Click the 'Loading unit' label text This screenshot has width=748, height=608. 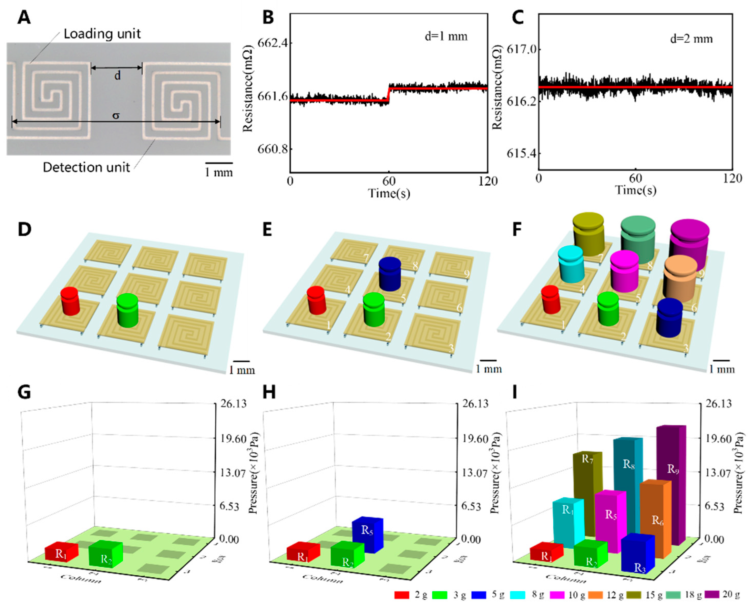coord(102,34)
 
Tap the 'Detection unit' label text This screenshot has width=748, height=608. coord(86,167)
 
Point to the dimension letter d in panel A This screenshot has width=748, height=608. coord(117,75)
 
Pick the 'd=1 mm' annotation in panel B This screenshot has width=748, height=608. coord(445,36)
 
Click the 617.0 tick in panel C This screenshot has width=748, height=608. coord(519,49)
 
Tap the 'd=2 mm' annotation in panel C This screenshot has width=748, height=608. coord(691,38)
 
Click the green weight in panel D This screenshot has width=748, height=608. coord(127,310)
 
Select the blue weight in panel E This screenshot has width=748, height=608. coord(390,274)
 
